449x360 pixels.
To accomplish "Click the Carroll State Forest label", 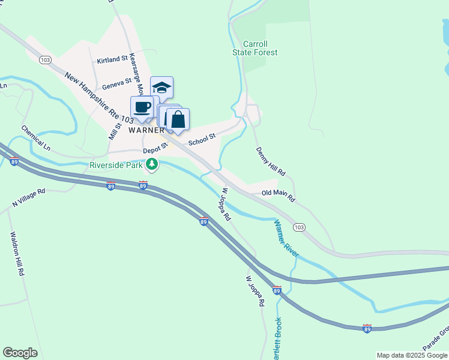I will [255, 48].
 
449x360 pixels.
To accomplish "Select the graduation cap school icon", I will [161, 89].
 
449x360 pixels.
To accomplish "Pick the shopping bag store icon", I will [178, 119].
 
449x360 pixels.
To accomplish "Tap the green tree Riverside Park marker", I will [152, 164].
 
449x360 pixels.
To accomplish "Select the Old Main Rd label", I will [279, 196].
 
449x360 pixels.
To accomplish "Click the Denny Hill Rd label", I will [271, 161].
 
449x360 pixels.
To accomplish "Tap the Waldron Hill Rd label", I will [16, 254].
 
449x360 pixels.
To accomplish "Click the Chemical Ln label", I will [37, 137].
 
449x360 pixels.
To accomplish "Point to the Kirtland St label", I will [113, 61].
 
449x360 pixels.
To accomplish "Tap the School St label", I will [202, 140].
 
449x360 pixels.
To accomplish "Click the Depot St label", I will [154, 152].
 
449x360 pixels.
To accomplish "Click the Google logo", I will [20, 353].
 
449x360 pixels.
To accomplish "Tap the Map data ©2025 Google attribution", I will [412, 355].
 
